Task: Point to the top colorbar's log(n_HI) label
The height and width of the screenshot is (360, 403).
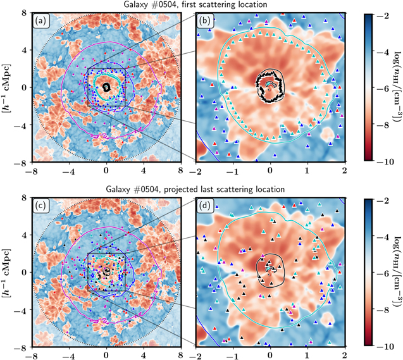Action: point(397,87)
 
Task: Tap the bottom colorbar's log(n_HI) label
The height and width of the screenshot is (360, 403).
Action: point(397,271)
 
